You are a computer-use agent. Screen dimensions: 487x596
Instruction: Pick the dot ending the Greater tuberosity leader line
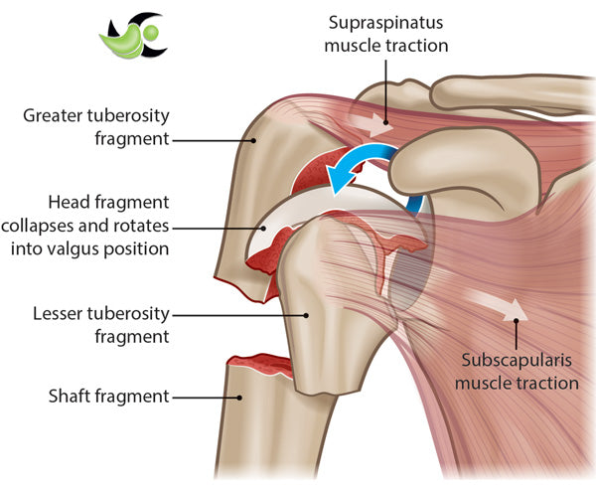click(x=253, y=140)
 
